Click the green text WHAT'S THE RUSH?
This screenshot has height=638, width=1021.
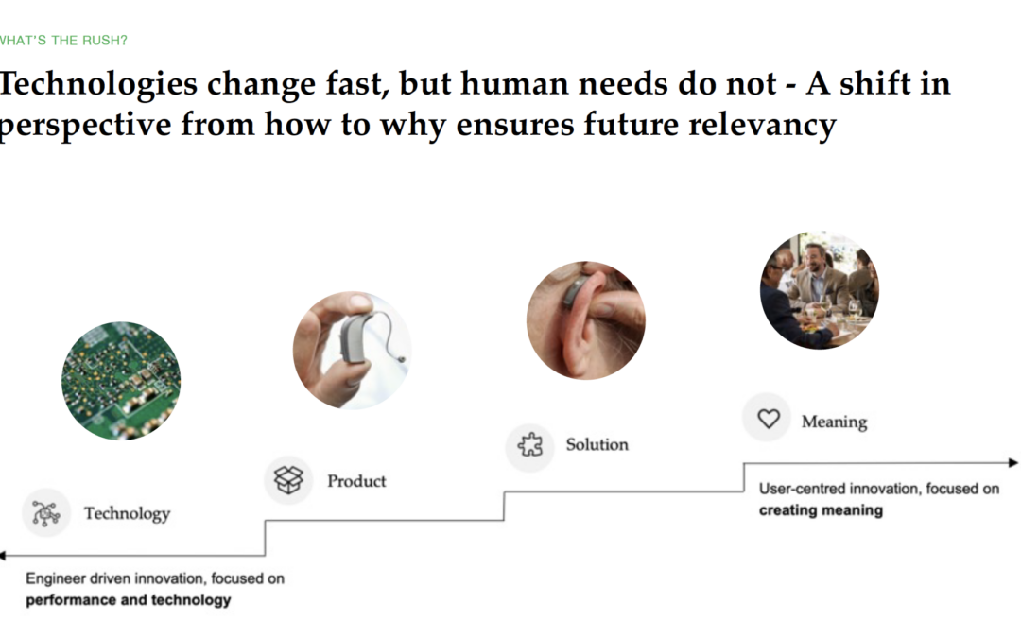click(x=63, y=41)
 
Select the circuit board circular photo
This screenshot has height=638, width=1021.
click(x=121, y=381)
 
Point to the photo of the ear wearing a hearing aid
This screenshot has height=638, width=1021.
click(x=586, y=320)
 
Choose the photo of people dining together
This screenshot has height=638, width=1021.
click(x=819, y=290)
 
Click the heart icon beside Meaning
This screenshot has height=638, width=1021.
click(x=769, y=418)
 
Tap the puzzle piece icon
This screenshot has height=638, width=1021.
click(x=530, y=444)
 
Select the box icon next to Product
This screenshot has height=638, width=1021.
click(x=288, y=480)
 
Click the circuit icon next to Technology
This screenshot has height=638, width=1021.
click(x=45, y=513)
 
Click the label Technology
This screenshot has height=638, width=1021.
click(x=127, y=513)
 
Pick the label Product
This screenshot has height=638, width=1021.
click(x=356, y=481)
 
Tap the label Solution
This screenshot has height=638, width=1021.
click(x=597, y=444)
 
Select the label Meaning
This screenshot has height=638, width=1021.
click(x=834, y=422)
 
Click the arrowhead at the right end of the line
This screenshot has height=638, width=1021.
click(x=1013, y=463)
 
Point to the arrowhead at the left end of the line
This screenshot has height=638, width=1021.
click(x=3, y=556)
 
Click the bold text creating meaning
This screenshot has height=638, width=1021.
click(x=822, y=510)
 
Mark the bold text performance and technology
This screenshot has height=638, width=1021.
click(x=129, y=600)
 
